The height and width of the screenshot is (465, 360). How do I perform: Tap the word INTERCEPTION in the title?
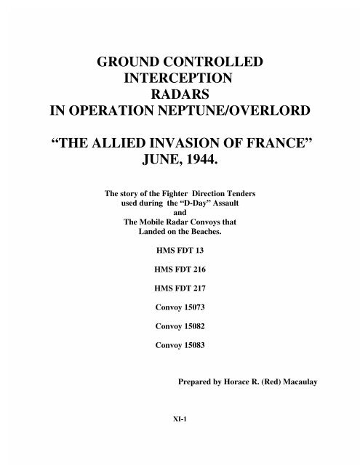tap(180, 81)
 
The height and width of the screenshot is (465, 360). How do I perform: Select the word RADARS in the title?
tap(180, 98)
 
